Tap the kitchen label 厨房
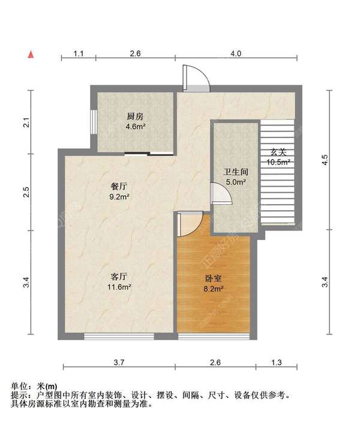coord(135,116)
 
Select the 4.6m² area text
coord(135,127)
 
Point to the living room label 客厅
coord(119,277)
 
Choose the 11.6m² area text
coord(119,287)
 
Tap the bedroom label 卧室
coord(213,279)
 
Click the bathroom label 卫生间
coord(235,171)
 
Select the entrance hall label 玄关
coord(278,152)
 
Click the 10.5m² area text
coord(278,161)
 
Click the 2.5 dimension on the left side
coord(26,193)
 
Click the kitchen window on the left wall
coord(94,120)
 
